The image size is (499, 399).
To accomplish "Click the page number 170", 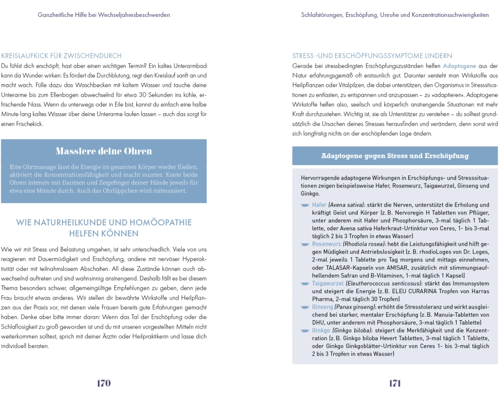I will tap(103, 383).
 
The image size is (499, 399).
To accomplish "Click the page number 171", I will tap(395, 383).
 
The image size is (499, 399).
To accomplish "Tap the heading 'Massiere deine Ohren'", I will tap(104, 151).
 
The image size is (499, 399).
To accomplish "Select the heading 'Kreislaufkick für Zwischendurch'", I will tap(61, 56).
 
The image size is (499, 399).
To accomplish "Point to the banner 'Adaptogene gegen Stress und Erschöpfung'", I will tap(395, 156).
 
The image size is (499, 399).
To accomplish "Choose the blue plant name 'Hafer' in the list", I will tap(319, 205).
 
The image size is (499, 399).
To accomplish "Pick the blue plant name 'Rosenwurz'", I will tap(326, 244).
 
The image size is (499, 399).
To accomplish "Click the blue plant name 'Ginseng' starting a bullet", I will tap(322, 307).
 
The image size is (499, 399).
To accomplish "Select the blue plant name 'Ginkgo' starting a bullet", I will tap(321, 331).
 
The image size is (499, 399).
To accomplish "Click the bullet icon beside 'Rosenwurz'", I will tap(305, 244).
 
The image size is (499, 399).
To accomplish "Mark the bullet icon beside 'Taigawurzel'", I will tap(305, 283).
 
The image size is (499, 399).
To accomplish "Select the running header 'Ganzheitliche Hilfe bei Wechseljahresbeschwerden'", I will tap(104, 15).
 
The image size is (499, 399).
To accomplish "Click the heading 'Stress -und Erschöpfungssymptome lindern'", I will tap(372, 56).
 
